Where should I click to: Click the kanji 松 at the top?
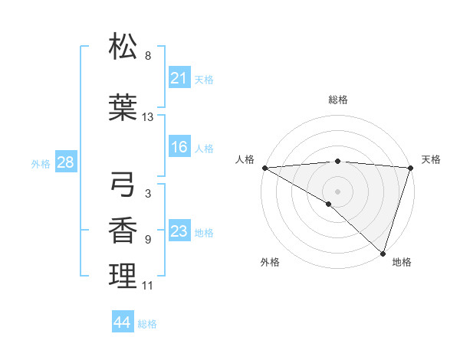[x=123, y=47]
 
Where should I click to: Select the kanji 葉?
[x=123, y=107]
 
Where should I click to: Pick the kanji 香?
[x=123, y=230]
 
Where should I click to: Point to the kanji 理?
[x=123, y=276]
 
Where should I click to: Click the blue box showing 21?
[x=179, y=77]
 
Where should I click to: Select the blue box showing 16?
[x=179, y=147]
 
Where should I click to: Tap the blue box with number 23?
[x=179, y=231]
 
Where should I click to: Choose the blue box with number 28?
[x=65, y=162]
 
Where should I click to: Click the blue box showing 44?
[x=123, y=322]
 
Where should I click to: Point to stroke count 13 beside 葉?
[x=148, y=117]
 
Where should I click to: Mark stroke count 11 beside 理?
[x=148, y=286]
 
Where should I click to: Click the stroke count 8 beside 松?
[x=148, y=56]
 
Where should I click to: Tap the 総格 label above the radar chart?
[x=337, y=100]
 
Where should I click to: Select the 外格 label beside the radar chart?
[x=270, y=262]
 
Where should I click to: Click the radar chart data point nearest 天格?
[x=410, y=169]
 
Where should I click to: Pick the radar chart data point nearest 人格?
[x=264, y=168]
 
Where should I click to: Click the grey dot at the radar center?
[x=337, y=191]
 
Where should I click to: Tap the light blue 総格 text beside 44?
[x=147, y=324]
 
